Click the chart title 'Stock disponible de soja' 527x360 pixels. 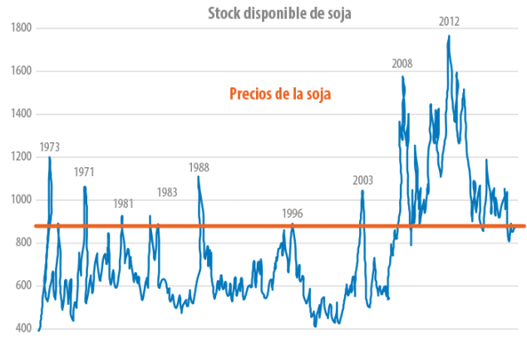(x=278, y=11)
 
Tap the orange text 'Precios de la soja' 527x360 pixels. (x=280, y=94)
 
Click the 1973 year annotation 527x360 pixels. (x=50, y=146)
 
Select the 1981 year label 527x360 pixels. (x=124, y=204)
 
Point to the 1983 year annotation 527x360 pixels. (x=166, y=192)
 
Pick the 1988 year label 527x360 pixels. (x=199, y=167)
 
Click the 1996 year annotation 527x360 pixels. (x=292, y=213)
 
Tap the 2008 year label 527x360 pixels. (x=402, y=63)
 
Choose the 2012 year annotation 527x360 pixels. (x=449, y=21)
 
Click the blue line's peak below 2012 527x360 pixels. (x=448, y=35)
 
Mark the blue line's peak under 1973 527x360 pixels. (x=49, y=156)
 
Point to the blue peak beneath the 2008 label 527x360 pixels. (x=402, y=76)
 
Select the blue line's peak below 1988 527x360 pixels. (x=198, y=176)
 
